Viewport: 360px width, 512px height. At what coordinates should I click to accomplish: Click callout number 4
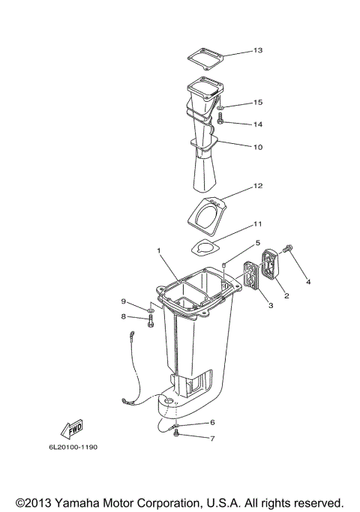(307, 282)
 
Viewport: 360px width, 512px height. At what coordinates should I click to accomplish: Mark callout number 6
(212, 423)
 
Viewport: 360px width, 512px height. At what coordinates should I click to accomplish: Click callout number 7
(212, 438)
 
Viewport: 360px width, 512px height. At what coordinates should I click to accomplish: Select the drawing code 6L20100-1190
(70, 448)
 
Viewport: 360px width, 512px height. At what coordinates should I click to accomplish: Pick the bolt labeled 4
(289, 269)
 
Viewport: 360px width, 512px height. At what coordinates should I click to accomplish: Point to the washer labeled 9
(150, 309)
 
